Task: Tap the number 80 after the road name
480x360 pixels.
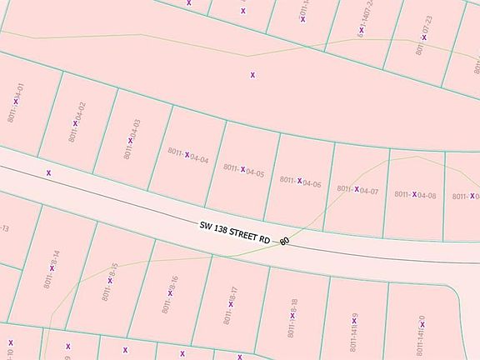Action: tap(285, 242)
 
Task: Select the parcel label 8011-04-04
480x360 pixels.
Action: tap(187, 154)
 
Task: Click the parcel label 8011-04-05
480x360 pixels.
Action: tap(243, 170)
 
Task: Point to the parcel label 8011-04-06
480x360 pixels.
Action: tap(300, 181)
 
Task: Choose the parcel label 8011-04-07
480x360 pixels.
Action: tap(357, 190)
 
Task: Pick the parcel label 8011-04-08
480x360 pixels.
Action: tap(415, 195)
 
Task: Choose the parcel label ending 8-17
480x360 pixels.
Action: tap(232, 304)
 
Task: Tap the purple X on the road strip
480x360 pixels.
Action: tap(49, 172)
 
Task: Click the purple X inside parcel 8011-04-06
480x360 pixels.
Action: tap(299, 181)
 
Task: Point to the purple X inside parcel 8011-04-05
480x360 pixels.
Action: tap(242, 170)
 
